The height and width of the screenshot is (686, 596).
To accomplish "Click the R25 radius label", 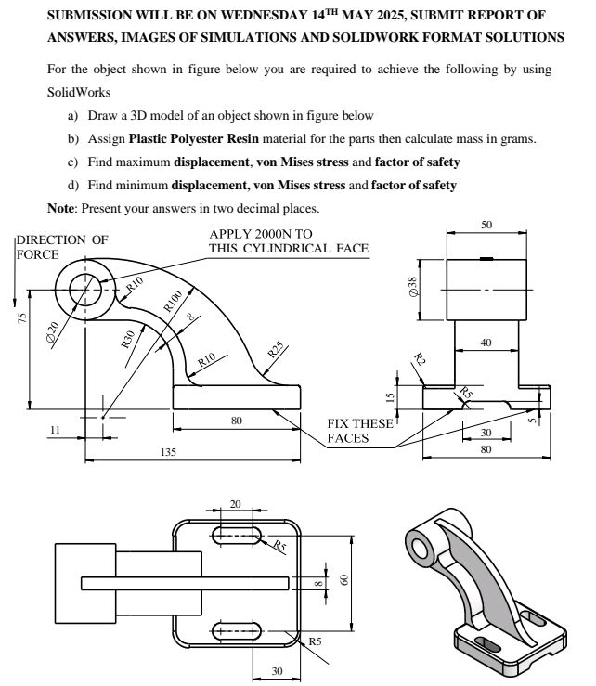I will coord(276,351).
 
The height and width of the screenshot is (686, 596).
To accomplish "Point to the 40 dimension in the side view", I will coord(486,343).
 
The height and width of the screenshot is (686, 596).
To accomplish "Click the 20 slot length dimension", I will coord(235,504).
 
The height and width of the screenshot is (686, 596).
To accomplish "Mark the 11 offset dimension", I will coord(55,430).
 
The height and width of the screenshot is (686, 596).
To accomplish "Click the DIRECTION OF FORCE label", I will coord(61,246).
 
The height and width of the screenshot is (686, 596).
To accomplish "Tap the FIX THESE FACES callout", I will coord(360,430).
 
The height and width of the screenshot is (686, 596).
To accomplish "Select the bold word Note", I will coord(61,207).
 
